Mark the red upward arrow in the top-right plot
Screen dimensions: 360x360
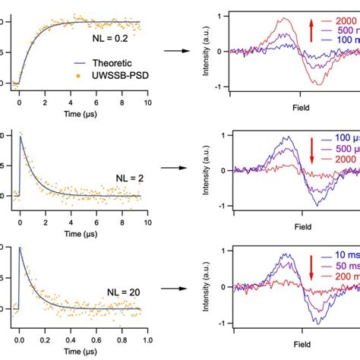[x=311, y=30]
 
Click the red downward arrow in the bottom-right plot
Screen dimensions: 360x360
[x=311, y=267]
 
